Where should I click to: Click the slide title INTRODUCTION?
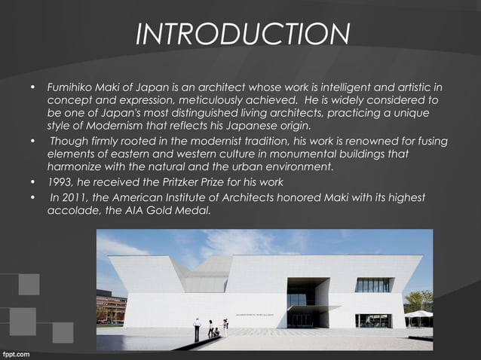242,34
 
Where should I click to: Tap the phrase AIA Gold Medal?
173,210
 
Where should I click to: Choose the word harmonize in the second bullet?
75,167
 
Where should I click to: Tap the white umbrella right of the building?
418,314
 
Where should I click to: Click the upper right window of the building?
372,285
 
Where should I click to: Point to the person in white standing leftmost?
198,328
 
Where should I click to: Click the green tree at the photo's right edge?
419,300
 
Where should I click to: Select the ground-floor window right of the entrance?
373,319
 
